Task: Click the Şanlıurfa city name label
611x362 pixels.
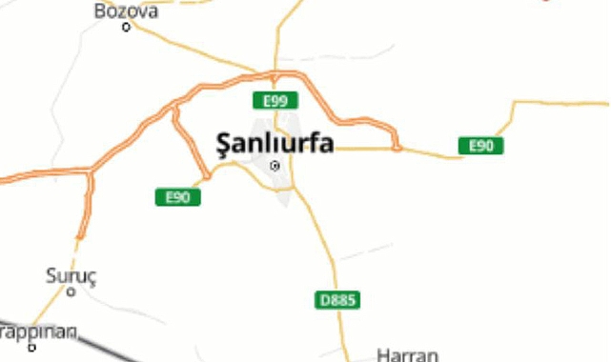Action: pyautogui.click(x=275, y=145)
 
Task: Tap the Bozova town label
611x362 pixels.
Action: pyautogui.click(x=126, y=10)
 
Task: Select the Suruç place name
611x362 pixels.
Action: pyautogui.click(x=71, y=275)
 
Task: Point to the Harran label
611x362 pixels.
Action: pyautogui.click(x=408, y=354)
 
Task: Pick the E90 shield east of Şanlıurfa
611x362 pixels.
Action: pyautogui.click(x=480, y=146)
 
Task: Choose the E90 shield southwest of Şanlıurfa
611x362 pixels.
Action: pyautogui.click(x=178, y=197)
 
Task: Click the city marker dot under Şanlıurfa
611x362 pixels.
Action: pyautogui.click(x=275, y=166)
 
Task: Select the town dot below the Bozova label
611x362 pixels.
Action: pyautogui.click(x=126, y=27)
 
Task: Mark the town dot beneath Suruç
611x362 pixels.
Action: pyautogui.click(x=71, y=292)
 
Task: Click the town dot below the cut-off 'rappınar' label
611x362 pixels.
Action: pyautogui.click(x=31, y=348)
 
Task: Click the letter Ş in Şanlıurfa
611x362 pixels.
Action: pyautogui.click(x=224, y=146)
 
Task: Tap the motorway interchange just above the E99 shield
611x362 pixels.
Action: pyautogui.click(x=275, y=76)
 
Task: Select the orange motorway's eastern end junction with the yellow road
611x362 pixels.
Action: pyautogui.click(x=397, y=148)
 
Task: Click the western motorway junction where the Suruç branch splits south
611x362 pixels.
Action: pyautogui.click(x=91, y=171)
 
